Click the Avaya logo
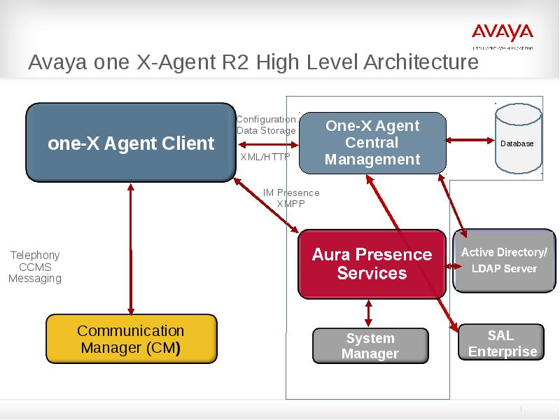(x=502, y=33)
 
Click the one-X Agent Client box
(x=131, y=143)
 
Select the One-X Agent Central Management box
(x=372, y=143)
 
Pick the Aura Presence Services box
(x=372, y=263)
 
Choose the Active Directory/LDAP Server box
(x=504, y=260)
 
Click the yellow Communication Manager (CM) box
(x=131, y=339)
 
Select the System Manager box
(x=370, y=346)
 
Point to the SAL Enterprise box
(x=501, y=342)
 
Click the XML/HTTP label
(x=265, y=157)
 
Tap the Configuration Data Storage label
(x=266, y=125)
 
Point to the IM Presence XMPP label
(x=291, y=198)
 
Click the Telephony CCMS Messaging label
(x=35, y=267)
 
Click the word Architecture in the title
(x=421, y=62)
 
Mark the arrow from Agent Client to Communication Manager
(x=131, y=248)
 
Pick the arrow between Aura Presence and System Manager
(x=369, y=313)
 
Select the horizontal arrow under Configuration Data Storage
(x=268, y=144)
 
